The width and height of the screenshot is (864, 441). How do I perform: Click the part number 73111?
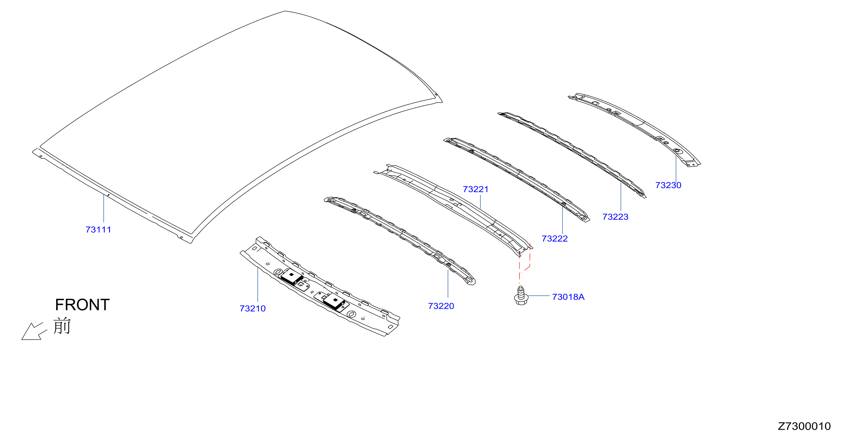click(x=98, y=230)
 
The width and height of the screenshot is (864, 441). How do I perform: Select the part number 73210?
click(x=252, y=308)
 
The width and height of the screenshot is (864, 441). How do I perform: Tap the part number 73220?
click(x=441, y=306)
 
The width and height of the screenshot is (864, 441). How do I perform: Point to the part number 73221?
click(x=476, y=189)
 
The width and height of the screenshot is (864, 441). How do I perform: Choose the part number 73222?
click(x=555, y=239)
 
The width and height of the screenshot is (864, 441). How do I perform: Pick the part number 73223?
click(x=615, y=217)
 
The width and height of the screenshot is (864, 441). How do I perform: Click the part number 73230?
click(x=668, y=185)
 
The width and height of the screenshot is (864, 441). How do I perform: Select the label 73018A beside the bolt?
click(x=568, y=297)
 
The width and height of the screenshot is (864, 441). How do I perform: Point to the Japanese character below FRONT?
click(x=62, y=326)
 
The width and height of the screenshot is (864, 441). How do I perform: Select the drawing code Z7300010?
click(x=804, y=426)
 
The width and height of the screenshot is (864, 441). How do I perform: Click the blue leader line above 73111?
click(x=104, y=209)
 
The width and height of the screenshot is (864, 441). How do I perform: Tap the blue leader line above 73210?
click(x=257, y=284)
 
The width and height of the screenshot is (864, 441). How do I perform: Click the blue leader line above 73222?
click(x=563, y=220)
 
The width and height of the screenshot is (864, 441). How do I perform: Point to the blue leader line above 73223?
click(x=621, y=197)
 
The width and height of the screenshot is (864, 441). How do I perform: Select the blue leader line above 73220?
click(x=448, y=284)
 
